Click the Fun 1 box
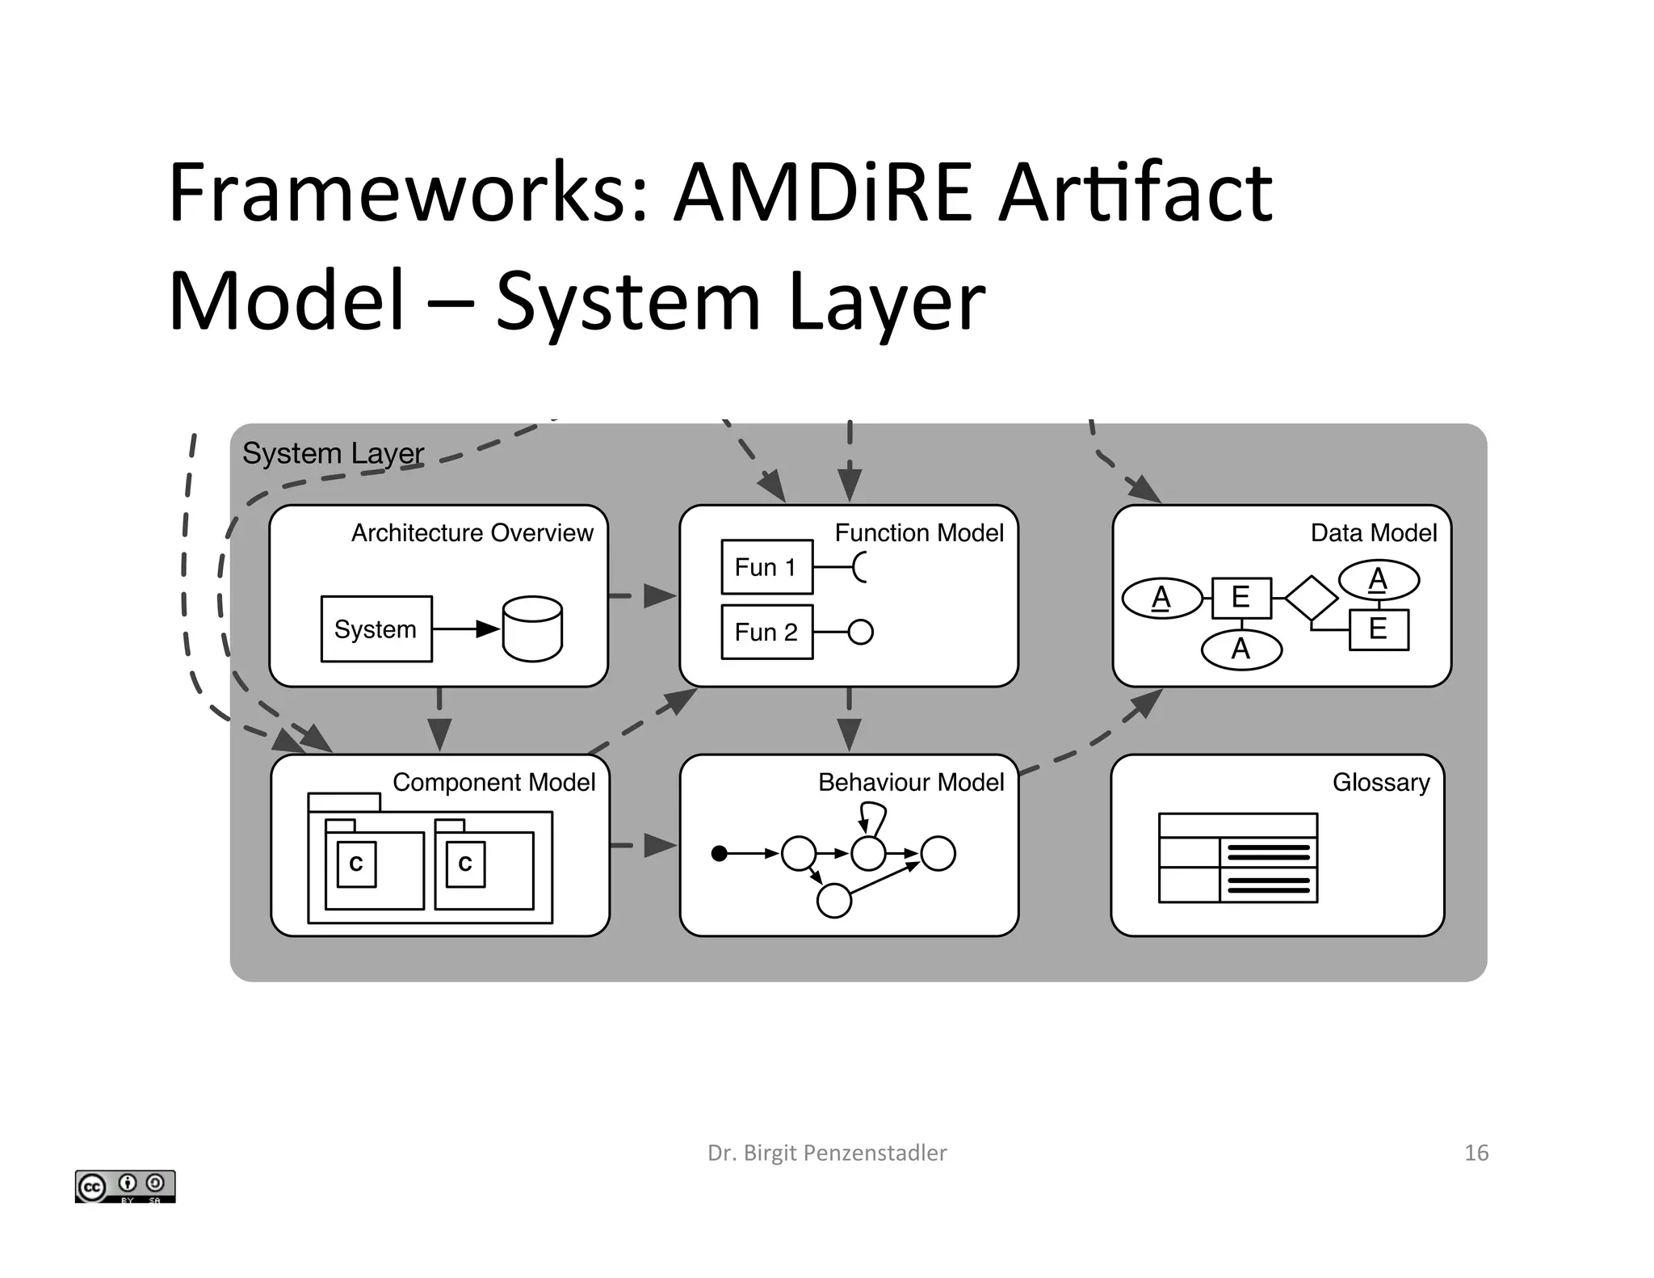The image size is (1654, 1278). (766, 567)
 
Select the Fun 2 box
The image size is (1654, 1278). (766, 632)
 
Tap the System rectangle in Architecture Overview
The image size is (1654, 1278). (376, 629)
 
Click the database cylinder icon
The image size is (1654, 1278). (532, 629)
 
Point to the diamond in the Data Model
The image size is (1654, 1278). (1311, 599)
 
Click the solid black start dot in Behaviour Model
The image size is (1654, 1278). (719, 853)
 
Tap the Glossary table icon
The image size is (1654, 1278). (1237, 858)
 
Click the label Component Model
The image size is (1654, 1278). (493, 782)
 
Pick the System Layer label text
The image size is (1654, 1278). (333, 453)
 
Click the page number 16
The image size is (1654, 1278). (1476, 1153)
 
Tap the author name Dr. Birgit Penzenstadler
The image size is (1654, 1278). (827, 1153)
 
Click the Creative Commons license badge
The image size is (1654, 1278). (125, 1186)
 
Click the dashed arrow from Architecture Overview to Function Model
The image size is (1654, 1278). (643, 596)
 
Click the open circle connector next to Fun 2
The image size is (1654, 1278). (861, 632)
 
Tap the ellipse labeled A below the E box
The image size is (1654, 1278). (1241, 650)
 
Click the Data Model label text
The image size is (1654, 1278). (1373, 533)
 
